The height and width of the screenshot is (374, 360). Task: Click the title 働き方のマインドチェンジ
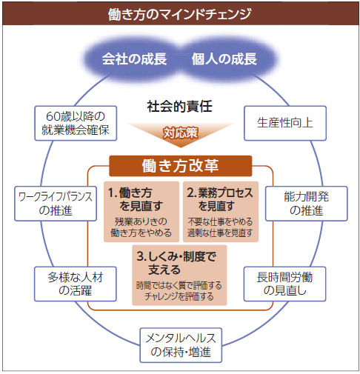179,14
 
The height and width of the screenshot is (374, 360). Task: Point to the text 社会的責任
179,107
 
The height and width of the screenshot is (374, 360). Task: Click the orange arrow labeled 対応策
181,133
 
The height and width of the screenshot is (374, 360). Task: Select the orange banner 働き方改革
181,166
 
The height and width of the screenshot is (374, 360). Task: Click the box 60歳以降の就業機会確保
76,123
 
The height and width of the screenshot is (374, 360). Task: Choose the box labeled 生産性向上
285,123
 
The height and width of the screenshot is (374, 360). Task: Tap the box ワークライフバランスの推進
56,204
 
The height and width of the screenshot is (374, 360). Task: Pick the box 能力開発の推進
307,204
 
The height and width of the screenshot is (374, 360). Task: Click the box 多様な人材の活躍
76,284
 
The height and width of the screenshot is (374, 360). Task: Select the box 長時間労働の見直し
284,284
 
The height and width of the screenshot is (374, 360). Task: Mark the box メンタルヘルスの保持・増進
181,345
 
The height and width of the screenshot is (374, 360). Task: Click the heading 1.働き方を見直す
136,199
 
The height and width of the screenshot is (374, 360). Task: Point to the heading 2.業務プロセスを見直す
220,199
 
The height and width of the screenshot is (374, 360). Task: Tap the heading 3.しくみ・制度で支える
176,263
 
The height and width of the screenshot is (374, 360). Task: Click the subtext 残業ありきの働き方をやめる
141,227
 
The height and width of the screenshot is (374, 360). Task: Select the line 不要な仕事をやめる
220,221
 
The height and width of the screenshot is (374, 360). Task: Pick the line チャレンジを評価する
179,296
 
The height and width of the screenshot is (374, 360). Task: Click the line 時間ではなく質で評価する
179,285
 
